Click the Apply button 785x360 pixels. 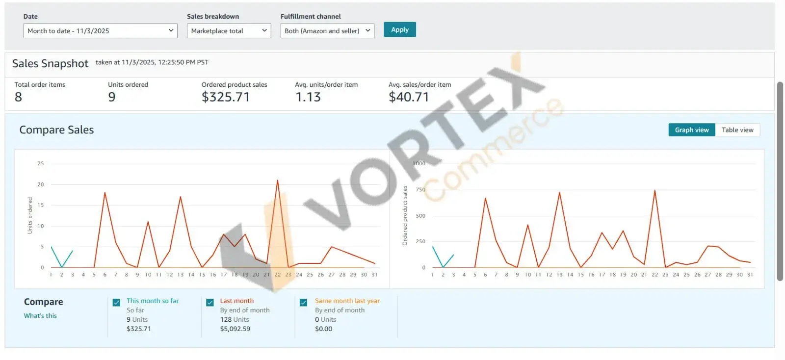(x=399, y=30)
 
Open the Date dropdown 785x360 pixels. (x=100, y=31)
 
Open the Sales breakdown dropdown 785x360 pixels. (x=229, y=31)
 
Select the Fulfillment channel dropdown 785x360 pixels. (x=327, y=31)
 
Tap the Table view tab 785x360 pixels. (x=737, y=130)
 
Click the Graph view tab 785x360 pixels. (x=691, y=130)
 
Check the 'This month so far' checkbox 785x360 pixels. (x=116, y=303)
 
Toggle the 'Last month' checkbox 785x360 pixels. (x=210, y=303)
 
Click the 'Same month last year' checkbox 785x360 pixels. (x=304, y=303)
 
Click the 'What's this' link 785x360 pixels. (x=40, y=316)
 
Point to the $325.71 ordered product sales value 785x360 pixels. (x=226, y=97)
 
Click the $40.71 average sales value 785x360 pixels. (x=409, y=97)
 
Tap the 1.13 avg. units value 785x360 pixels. (x=308, y=97)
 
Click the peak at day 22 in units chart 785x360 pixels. (x=277, y=180)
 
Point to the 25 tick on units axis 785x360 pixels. (x=41, y=164)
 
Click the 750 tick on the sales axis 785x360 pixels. (x=420, y=190)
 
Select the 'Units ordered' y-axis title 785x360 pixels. (x=30, y=215)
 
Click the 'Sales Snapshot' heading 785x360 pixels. (x=50, y=64)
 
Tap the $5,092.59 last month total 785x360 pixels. (x=235, y=329)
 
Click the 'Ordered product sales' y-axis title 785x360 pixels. (x=405, y=215)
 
